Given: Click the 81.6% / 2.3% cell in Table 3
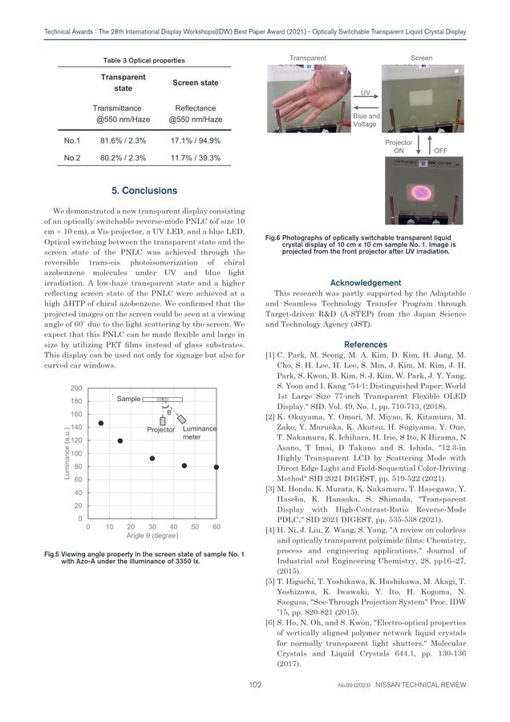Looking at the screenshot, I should pyautogui.click(x=122, y=140).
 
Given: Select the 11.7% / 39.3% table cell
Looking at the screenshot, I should pyautogui.click(x=196, y=158).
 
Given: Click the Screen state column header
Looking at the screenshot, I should pyautogui.click(x=196, y=83).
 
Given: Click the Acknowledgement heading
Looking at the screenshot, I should pyautogui.click(x=365, y=282).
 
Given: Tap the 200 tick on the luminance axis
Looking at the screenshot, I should pyautogui.click(x=76, y=389).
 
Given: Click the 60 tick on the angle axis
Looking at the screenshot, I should pyautogui.click(x=217, y=526).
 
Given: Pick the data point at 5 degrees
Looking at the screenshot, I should pyautogui.click(x=100, y=423).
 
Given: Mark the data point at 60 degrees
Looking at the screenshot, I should pyautogui.click(x=217, y=467).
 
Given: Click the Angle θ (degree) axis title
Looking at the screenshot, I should pyautogui.click(x=152, y=536).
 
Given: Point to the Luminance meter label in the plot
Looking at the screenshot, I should pyautogui.click(x=199, y=433).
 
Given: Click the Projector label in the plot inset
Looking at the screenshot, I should pyautogui.click(x=160, y=430).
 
